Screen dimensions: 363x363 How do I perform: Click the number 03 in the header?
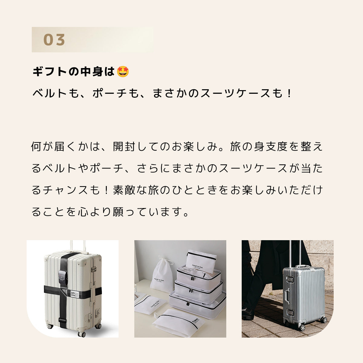tap(54, 40)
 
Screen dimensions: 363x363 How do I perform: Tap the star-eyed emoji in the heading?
tap(123, 72)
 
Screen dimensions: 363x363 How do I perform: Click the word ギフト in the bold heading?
tap(50, 72)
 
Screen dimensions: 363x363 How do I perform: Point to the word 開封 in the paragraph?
tap(124, 146)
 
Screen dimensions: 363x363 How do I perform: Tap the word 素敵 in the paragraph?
tap(124, 190)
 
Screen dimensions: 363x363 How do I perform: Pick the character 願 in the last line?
tap(118, 212)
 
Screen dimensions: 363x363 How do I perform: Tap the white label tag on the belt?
tap(74, 293)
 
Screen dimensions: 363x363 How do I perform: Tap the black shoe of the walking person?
tap(248, 313)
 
